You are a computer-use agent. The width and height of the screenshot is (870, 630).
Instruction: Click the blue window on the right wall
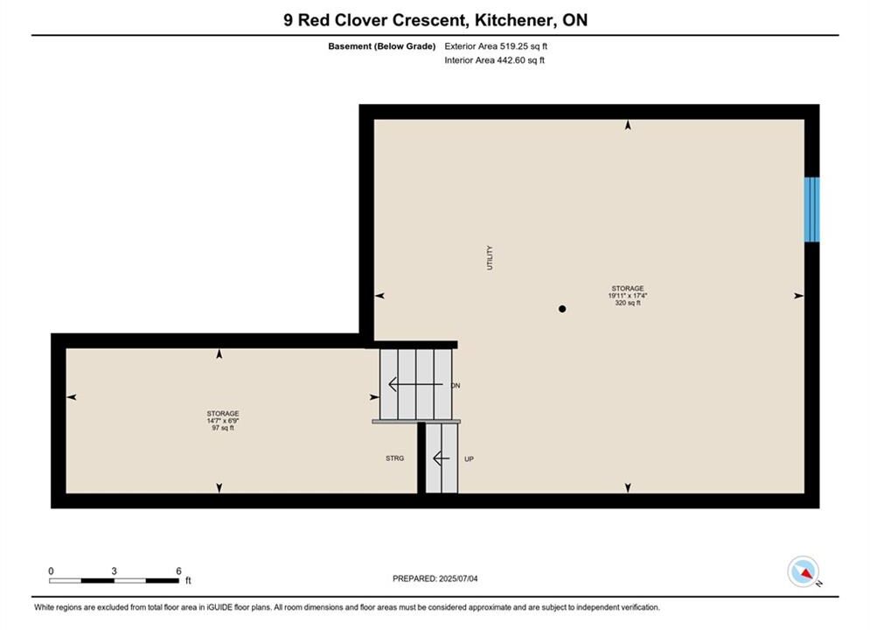(x=811, y=209)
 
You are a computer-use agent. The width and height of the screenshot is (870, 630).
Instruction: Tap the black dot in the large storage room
(x=562, y=309)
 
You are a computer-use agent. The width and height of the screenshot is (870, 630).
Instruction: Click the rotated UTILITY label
(x=490, y=257)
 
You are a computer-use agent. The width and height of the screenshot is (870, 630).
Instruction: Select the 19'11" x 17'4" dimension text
(x=628, y=296)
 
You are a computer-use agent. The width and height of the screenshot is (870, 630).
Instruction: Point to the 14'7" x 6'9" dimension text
(x=223, y=421)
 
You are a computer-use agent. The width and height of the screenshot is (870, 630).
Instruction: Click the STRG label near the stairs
(x=395, y=458)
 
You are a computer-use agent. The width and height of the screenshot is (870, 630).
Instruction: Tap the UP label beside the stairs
(x=469, y=459)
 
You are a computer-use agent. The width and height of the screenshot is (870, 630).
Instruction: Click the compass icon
(x=804, y=571)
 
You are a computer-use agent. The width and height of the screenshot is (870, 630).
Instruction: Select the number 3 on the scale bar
(x=114, y=571)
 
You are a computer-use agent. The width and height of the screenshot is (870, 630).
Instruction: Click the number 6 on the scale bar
(x=178, y=571)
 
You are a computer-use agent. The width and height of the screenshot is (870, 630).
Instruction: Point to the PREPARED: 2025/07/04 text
(x=435, y=578)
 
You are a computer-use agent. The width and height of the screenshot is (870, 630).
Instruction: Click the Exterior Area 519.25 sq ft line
(x=496, y=46)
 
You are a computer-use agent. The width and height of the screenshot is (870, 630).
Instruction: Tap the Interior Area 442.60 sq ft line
(x=494, y=60)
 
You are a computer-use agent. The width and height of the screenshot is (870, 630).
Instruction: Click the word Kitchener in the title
(x=514, y=20)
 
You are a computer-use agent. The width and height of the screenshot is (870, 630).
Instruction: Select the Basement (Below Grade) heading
(x=382, y=46)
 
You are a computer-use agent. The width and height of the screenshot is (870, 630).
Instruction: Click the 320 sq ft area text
(x=628, y=303)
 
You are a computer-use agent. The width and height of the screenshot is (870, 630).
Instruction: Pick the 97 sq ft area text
(x=223, y=428)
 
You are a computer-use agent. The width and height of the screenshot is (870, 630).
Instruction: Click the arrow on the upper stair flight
(x=415, y=384)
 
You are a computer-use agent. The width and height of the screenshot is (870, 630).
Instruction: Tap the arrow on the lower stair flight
(x=441, y=458)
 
